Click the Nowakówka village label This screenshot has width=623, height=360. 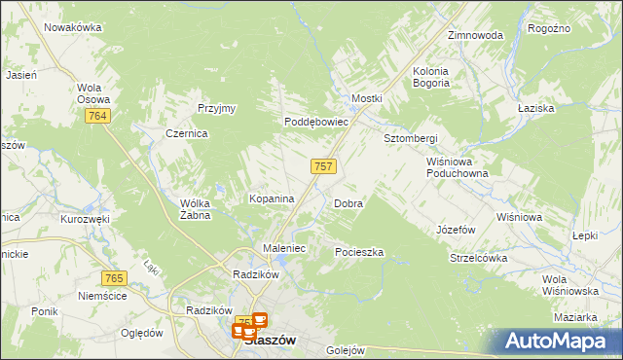[73, 27]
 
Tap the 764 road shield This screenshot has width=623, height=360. [95, 117]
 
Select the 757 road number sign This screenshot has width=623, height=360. [324, 166]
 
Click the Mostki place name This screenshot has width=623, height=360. [367, 99]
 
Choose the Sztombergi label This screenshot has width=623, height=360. [410, 138]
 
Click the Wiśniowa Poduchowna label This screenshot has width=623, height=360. [457, 167]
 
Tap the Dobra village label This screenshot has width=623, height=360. [348, 204]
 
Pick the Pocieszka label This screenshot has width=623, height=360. [359, 252]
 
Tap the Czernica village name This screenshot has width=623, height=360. [186, 134]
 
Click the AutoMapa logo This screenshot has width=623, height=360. [560, 342]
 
